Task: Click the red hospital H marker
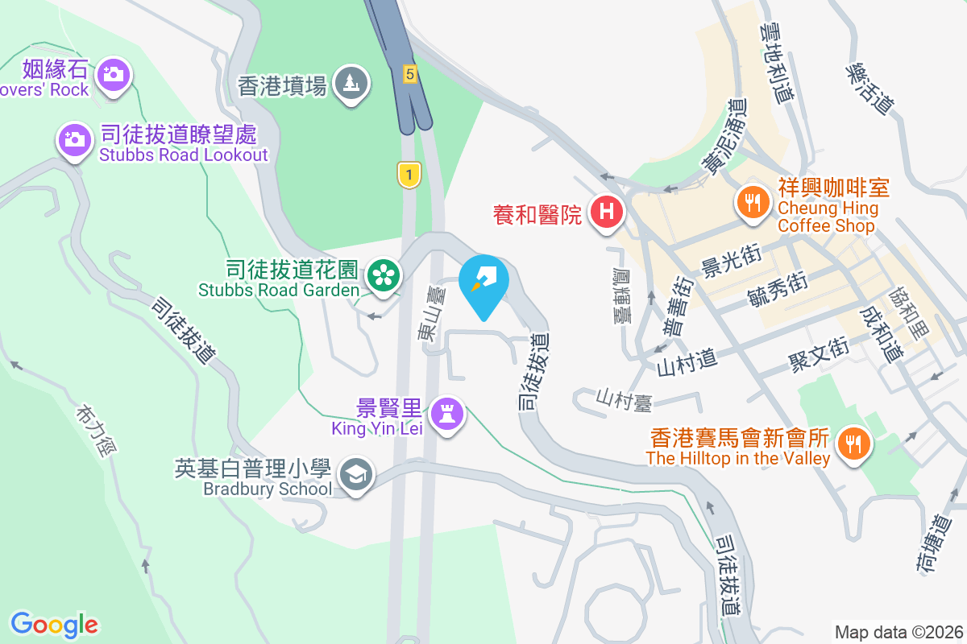[x=607, y=213]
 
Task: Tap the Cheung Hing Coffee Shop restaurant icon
[x=753, y=201]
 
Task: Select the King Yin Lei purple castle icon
[x=446, y=414]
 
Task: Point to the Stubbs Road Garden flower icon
[x=384, y=275]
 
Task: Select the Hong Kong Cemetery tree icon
[x=351, y=81]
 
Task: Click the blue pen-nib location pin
[x=484, y=281]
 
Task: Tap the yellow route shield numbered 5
[x=410, y=74]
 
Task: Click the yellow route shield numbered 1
[x=409, y=174]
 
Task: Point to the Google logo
[x=54, y=624]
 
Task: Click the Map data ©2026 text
[x=898, y=632]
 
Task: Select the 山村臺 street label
[x=622, y=398]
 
